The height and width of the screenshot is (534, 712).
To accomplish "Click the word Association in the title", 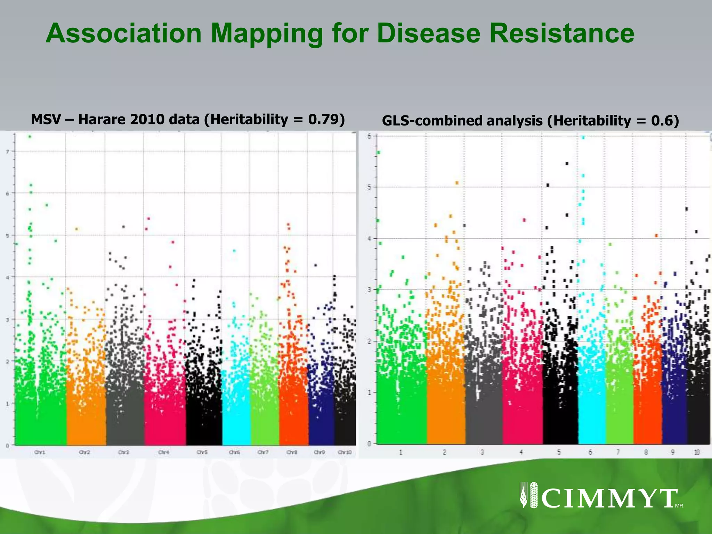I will (124, 33).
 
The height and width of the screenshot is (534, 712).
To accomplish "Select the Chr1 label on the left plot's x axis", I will (40, 452).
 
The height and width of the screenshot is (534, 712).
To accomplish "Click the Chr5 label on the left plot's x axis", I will (202, 452).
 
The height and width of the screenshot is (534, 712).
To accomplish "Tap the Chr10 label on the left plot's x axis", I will (345, 452).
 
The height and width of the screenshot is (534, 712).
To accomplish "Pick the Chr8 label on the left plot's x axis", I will (292, 452).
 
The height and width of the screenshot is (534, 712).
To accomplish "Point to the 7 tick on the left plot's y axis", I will (7, 151).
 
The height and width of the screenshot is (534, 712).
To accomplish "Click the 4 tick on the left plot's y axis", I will (7, 277).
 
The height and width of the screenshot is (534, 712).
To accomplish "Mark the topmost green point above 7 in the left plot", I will (30, 137).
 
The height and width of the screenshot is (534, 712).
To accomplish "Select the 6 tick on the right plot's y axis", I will (369, 136).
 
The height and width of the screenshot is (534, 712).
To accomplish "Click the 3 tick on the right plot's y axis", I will (369, 290).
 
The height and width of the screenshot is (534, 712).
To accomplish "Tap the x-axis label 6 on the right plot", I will (590, 452).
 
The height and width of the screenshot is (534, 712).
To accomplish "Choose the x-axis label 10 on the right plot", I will (697, 452).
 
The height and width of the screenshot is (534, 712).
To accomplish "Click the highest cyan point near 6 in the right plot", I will (583, 138).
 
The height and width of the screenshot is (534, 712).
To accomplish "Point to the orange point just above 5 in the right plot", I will (457, 183).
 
